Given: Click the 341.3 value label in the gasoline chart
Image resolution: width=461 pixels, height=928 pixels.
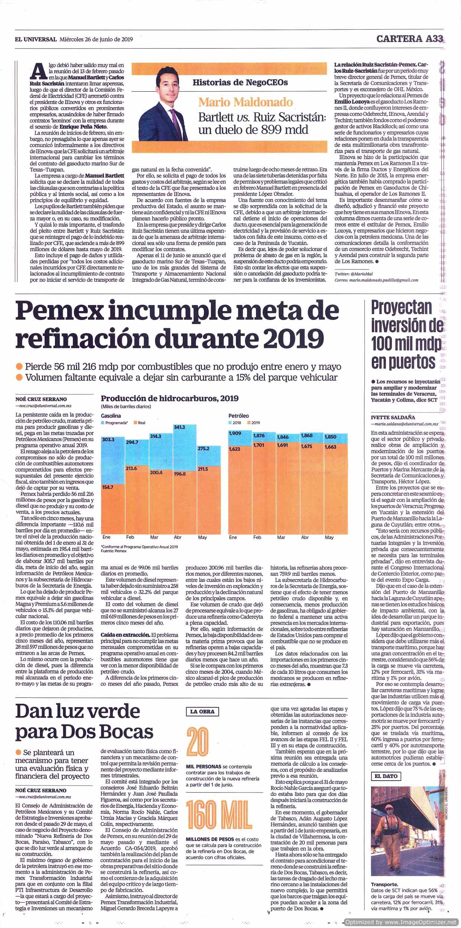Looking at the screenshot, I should pyautogui.click(x=179, y=427).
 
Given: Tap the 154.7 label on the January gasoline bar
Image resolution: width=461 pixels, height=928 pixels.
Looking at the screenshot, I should pyautogui.click(x=107, y=487).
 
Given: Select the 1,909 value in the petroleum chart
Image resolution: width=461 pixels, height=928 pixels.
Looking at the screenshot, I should pyautogui.click(x=235, y=433).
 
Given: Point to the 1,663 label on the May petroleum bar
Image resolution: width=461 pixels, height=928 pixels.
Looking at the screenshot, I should pyautogui.click(x=330, y=447).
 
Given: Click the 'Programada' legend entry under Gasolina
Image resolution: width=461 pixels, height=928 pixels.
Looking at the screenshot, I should pyautogui.click(x=115, y=423).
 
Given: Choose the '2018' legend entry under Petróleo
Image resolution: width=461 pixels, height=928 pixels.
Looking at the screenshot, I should pyautogui.click(x=235, y=422).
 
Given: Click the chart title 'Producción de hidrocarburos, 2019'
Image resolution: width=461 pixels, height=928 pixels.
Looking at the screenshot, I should pyautogui.click(x=170, y=399).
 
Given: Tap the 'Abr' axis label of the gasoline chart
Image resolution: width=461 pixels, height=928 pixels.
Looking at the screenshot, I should pyautogui.click(x=178, y=537).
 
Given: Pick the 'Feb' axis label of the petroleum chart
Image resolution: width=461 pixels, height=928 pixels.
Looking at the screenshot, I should pyautogui.click(x=257, y=537).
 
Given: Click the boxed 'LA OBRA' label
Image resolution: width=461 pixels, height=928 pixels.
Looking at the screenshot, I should pyautogui.click(x=202, y=712).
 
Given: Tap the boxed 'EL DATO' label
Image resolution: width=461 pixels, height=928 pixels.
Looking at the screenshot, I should pyautogui.click(x=386, y=776).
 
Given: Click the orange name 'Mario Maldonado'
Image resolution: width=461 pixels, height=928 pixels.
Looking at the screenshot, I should pyautogui.click(x=246, y=102).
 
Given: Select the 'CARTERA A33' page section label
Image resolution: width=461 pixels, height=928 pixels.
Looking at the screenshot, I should pyautogui.click(x=410, y=39).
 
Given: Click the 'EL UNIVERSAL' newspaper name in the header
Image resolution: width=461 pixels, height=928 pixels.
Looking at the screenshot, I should pyautogui.click(x=36, y=39).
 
